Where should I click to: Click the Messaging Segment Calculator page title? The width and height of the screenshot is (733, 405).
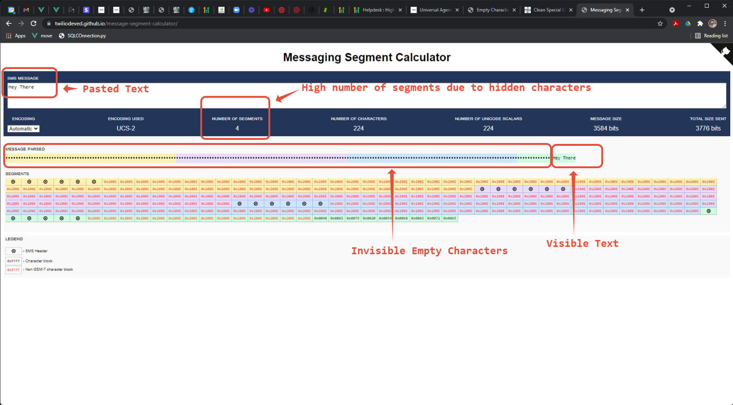click(366, 57)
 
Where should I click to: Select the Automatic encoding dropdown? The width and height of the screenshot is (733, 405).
click(23, 129)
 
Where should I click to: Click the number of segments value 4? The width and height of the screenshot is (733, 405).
click(237, 128)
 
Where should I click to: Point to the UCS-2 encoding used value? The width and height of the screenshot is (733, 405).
click(126, 128)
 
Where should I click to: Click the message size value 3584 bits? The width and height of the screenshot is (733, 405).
click(606, 128)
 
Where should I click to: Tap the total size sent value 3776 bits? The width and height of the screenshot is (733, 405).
click(708, 128)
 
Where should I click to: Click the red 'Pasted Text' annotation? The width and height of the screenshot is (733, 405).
click(115, 89)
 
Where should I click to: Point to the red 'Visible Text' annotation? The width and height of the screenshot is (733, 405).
click(582, 243)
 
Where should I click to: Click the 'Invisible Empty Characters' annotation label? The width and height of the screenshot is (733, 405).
click(429, 251)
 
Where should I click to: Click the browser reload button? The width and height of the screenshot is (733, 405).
click(33, 23)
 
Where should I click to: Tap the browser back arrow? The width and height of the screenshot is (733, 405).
click(9, 23)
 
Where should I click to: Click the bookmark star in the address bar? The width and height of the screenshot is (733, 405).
click(660, 23)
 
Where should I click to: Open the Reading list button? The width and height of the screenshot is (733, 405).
click(711, 36)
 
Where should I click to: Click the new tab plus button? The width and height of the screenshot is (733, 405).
click(642, 10)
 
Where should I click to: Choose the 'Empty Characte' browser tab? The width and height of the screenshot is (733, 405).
click(491, 10)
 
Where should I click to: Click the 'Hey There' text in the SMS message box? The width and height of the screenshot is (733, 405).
click(21, 87)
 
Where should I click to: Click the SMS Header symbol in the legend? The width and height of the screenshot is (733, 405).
click(14, 251)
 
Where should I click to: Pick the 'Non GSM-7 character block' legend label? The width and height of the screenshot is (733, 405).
click(49, 269)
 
